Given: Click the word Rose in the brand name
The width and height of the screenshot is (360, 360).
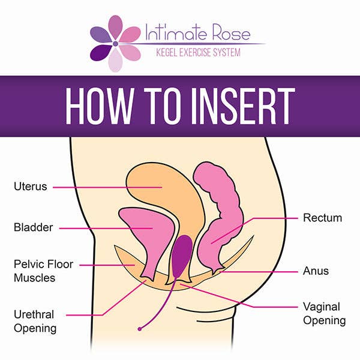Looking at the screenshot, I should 231,34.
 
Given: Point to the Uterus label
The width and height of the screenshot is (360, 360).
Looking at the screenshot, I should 30,186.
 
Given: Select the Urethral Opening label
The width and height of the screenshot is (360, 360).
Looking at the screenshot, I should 35,322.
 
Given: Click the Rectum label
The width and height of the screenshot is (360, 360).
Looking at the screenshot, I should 322,217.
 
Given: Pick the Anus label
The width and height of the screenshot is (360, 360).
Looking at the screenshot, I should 315,271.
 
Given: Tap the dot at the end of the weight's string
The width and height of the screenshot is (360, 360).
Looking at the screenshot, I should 139,329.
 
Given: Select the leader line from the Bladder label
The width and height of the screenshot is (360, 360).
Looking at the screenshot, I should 102,228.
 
